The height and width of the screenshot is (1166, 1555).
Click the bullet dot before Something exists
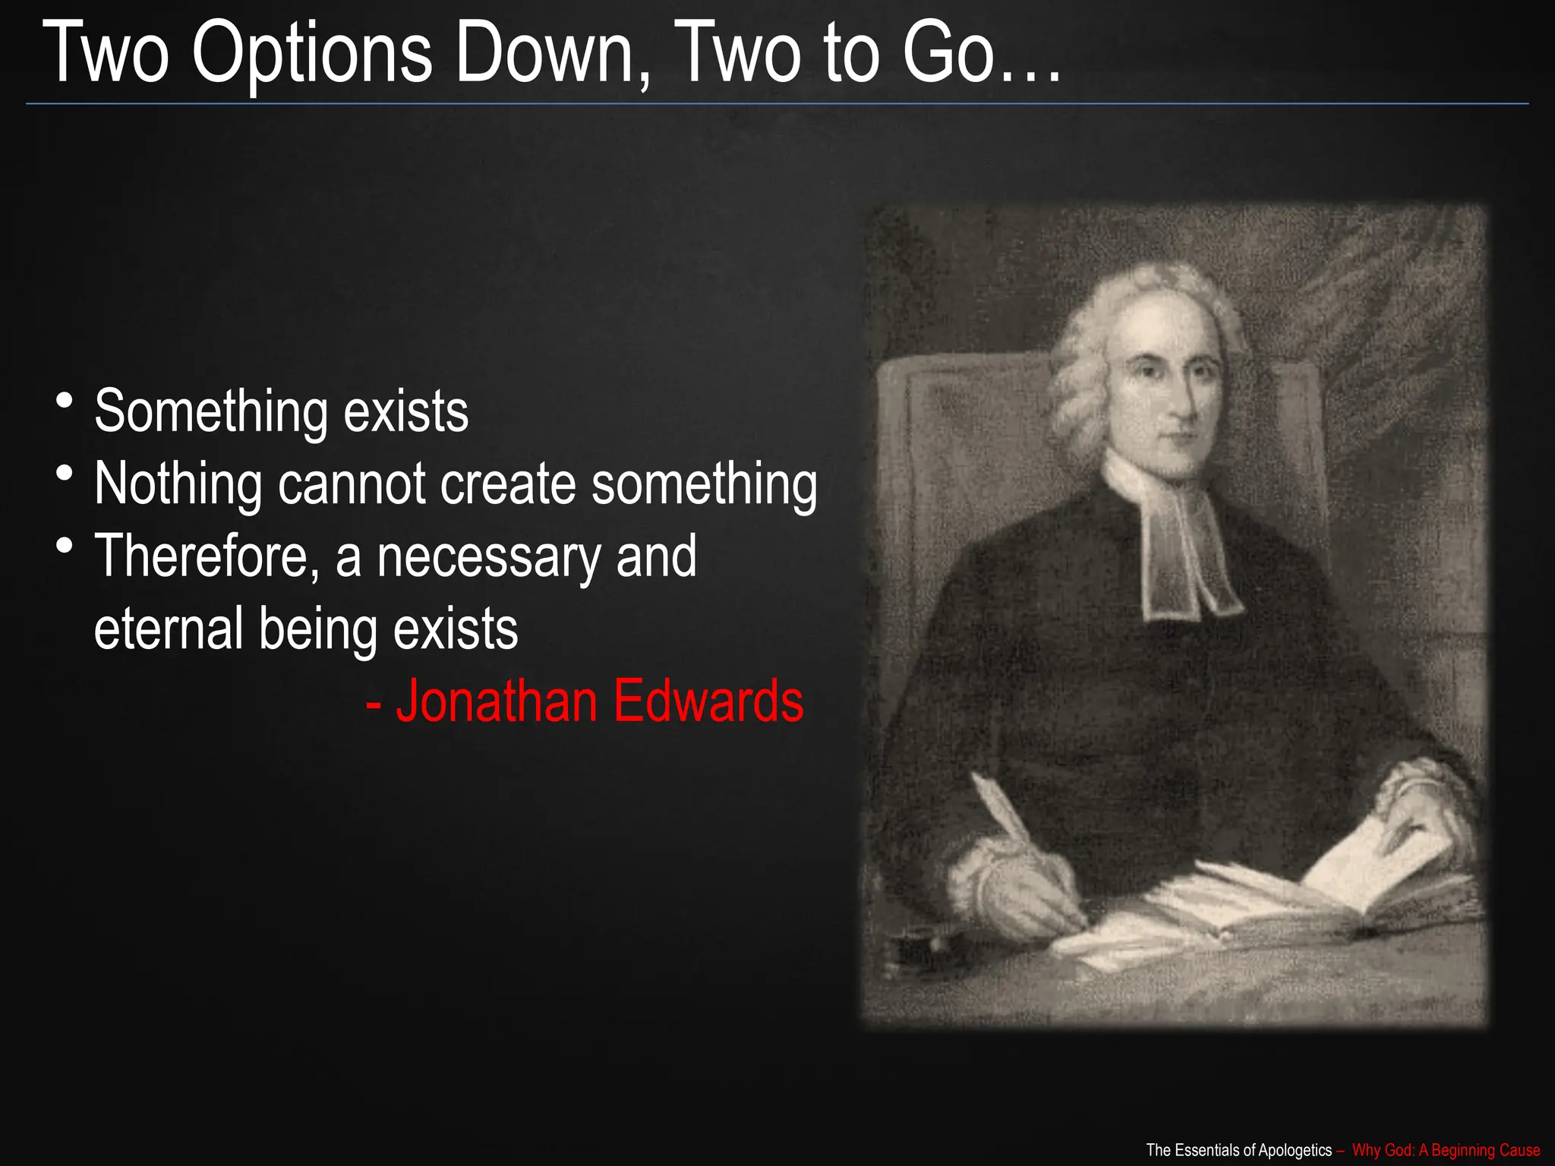[x=65, y=400]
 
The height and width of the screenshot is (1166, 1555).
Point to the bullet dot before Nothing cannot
[x=65, y=473]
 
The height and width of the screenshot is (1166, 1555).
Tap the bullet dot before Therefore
[x=65, y=545]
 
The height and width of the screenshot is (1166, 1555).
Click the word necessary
[x=489, y=556]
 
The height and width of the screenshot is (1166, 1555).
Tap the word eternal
[x=168, y=629]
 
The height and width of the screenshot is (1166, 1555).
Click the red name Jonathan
[x=497, y=701]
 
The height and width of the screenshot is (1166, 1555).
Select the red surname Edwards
[x=708, y=701]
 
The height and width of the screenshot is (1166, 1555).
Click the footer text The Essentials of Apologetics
[x=1238, y=1150]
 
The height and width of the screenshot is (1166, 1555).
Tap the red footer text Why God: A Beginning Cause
[x=1446, y=1150]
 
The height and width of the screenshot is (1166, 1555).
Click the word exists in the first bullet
[x=406, y=411]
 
